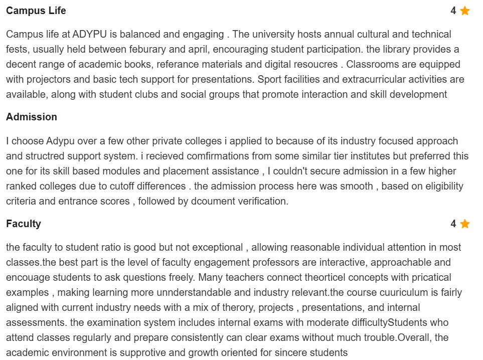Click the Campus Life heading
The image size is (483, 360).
[x=36, y=11]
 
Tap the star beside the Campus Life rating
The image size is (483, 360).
[x=465, y=11]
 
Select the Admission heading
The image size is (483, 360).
[x=32, y=117]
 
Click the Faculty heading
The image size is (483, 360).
[x=24, y=224]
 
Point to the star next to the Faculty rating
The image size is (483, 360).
[x=465, y=224]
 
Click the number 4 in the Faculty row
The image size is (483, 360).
[x=453, y=224]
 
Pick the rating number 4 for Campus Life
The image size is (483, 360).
[x=453, y=11]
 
